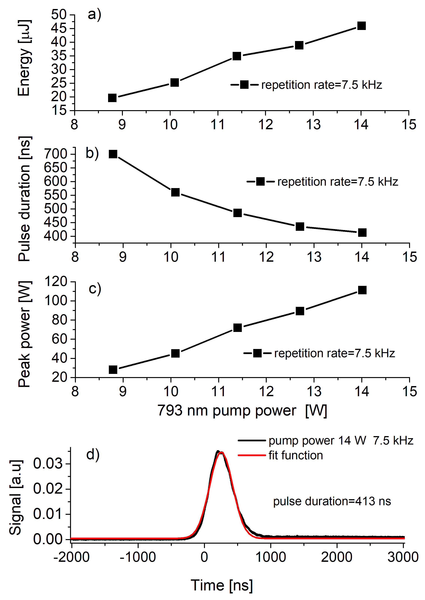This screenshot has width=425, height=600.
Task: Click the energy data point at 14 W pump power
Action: click(361, 26)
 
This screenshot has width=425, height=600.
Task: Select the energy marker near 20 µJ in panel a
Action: click(112, 98)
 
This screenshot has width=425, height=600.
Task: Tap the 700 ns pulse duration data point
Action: click(113, 154)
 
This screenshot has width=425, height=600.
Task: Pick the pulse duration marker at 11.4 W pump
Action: click(237, 213)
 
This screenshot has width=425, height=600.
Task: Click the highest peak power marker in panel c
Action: click(362, 290)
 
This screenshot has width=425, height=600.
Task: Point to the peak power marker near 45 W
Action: click(175, 353)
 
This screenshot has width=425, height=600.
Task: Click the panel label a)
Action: click(94, 14)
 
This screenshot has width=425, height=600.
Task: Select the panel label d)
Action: click(93, 454)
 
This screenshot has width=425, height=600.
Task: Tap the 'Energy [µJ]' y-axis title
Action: click(24, 58)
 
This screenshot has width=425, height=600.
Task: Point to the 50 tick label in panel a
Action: click(59, 15)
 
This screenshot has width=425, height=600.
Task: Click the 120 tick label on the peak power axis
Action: click(56, 282)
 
